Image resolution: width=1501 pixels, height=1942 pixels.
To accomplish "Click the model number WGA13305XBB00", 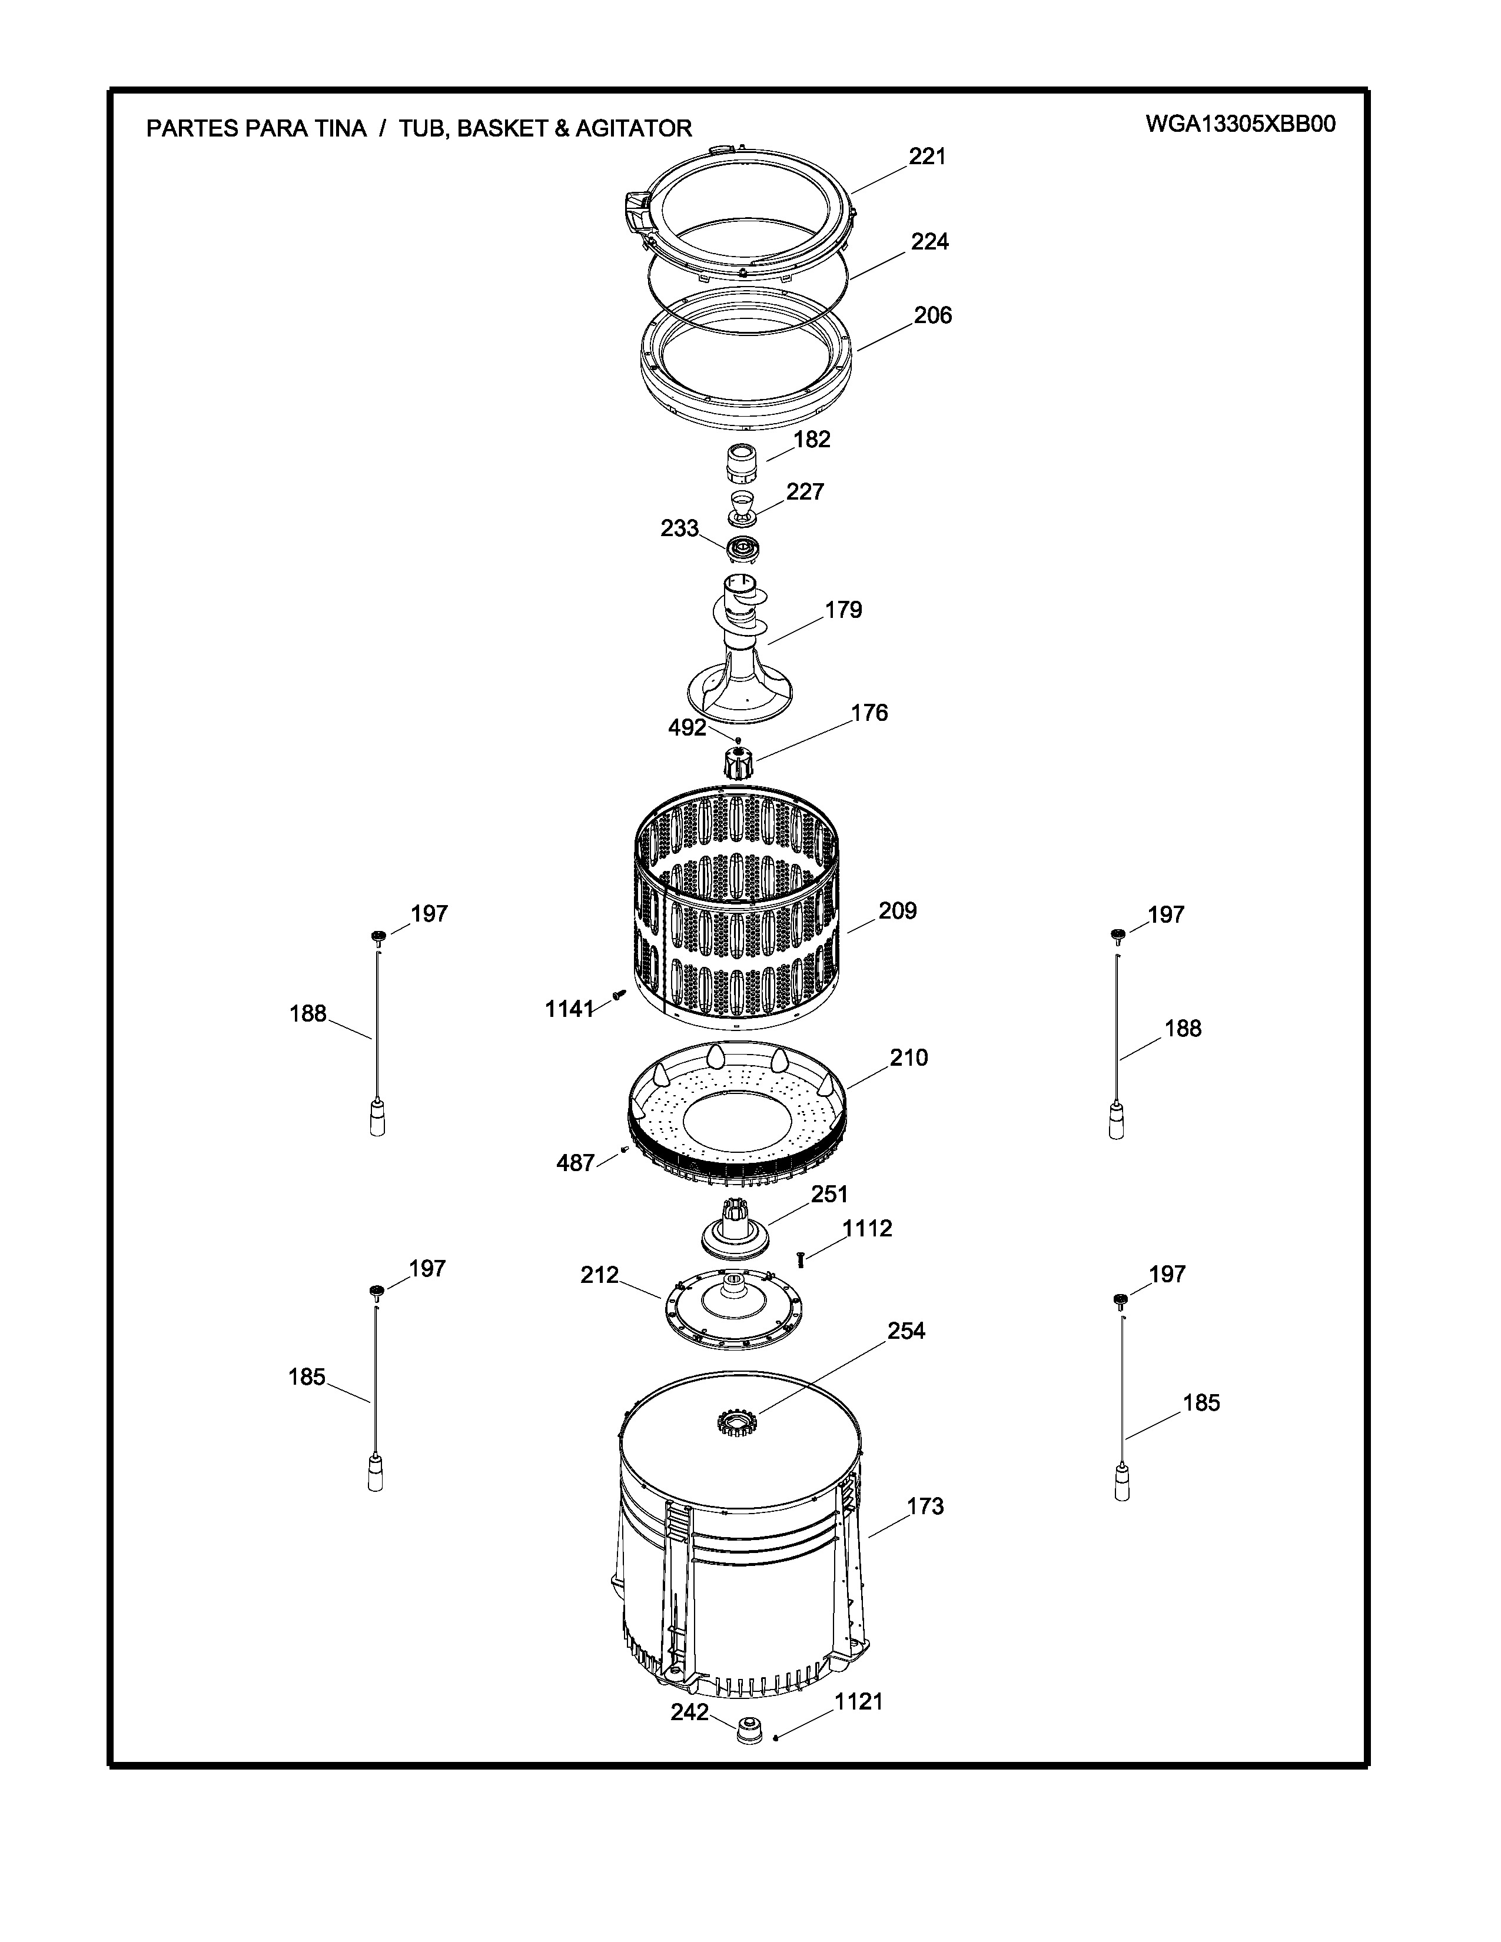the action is tap(1240, 125).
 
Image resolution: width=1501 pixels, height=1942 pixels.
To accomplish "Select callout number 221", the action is tap(928, 157).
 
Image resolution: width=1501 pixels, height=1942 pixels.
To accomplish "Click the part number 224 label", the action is tap(930, 242).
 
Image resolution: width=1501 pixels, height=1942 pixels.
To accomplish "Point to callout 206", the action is tap(933, 315).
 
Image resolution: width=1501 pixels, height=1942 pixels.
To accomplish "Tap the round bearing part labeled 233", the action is tap(742, 550).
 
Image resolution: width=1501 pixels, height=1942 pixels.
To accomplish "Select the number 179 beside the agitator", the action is tap(843, 610).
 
